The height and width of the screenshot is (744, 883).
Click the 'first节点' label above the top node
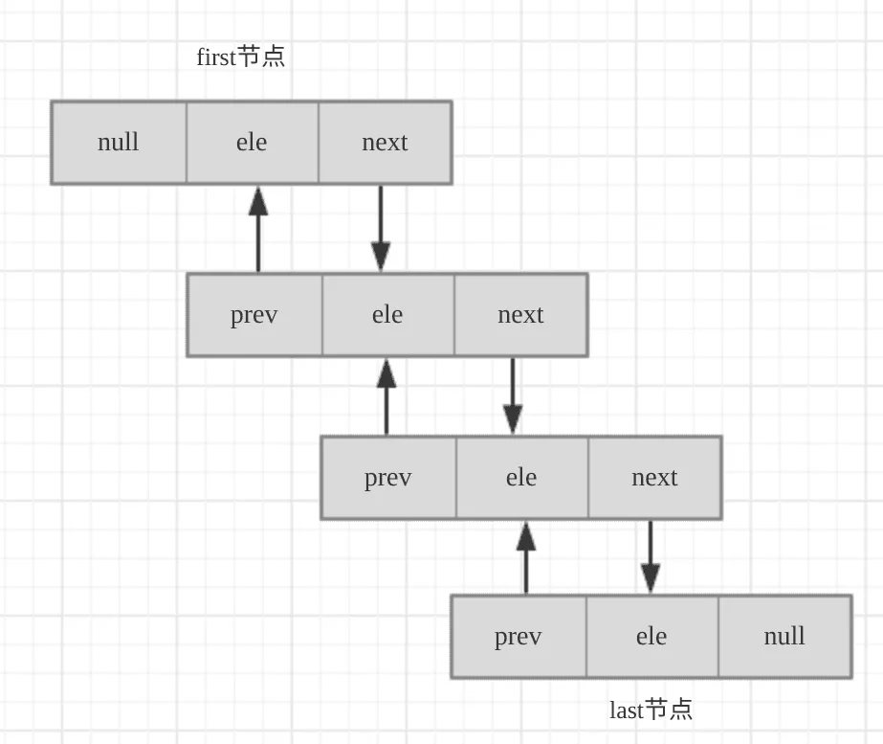(240, 57)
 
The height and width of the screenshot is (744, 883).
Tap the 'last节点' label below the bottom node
(651, 710)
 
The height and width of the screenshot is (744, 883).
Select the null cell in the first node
(119, 143)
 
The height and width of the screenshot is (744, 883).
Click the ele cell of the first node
(252, 143)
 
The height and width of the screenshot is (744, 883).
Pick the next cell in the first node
(385, 143)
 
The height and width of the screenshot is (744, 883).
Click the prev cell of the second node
(254, 315)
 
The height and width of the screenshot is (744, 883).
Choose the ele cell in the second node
(387, 315)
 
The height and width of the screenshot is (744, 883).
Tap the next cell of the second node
(520, 315)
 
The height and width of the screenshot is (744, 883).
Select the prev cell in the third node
(388, 478)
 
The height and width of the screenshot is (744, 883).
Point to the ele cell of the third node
(521, 478)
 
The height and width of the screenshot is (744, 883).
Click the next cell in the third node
(654, 478)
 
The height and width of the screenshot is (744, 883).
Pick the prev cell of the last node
(519, 637)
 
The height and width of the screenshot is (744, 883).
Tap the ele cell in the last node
(651, 637)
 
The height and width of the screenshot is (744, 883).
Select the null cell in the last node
(784, 637)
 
